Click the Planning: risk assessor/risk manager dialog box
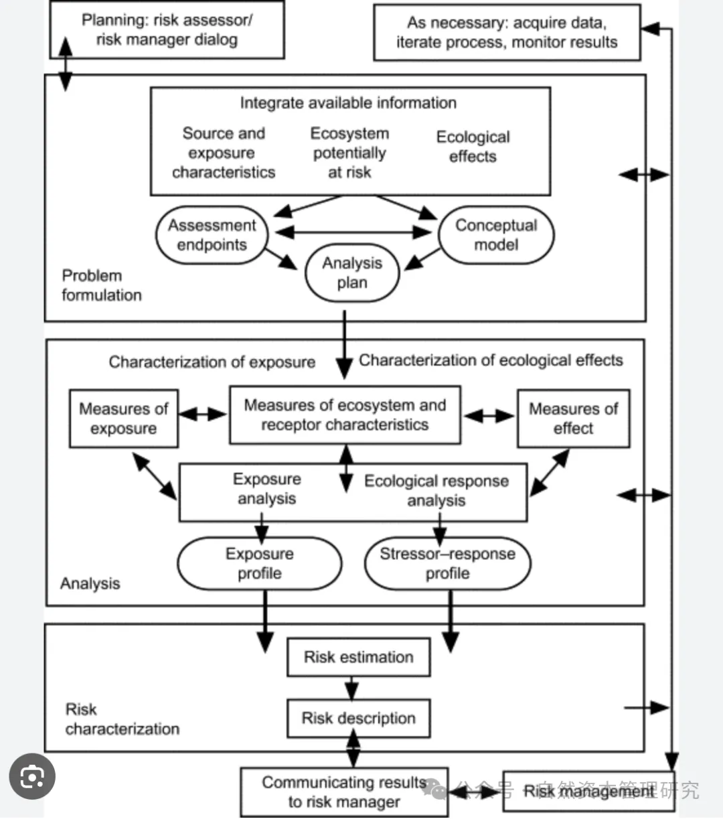point(167,30)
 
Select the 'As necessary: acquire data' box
point(506,33)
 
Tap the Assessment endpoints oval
point(212,235)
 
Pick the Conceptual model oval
point(496,235)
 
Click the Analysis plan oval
point(352,273)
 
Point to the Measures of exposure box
point(124,419)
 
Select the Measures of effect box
point(573,419)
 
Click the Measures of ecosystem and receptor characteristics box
point(345,415)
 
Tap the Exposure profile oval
point(260,564)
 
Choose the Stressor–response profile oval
point(447,564)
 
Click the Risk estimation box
point(358,657)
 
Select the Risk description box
point(358,719)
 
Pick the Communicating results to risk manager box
point(344,792)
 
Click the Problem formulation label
point(102,285)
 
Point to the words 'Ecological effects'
point(473,147)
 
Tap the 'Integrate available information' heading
point(348,103)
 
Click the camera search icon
point(32,777)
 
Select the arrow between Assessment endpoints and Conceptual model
point(353,232)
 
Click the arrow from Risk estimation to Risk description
point(351,688)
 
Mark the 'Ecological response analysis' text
point(436,491)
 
